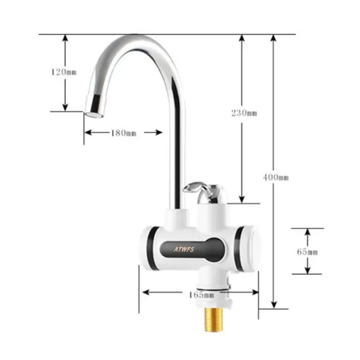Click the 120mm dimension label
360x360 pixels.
click(x=64, y=72)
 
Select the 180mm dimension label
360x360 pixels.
click(x=123, y=133)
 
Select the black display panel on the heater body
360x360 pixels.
click(x=191, y=248)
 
